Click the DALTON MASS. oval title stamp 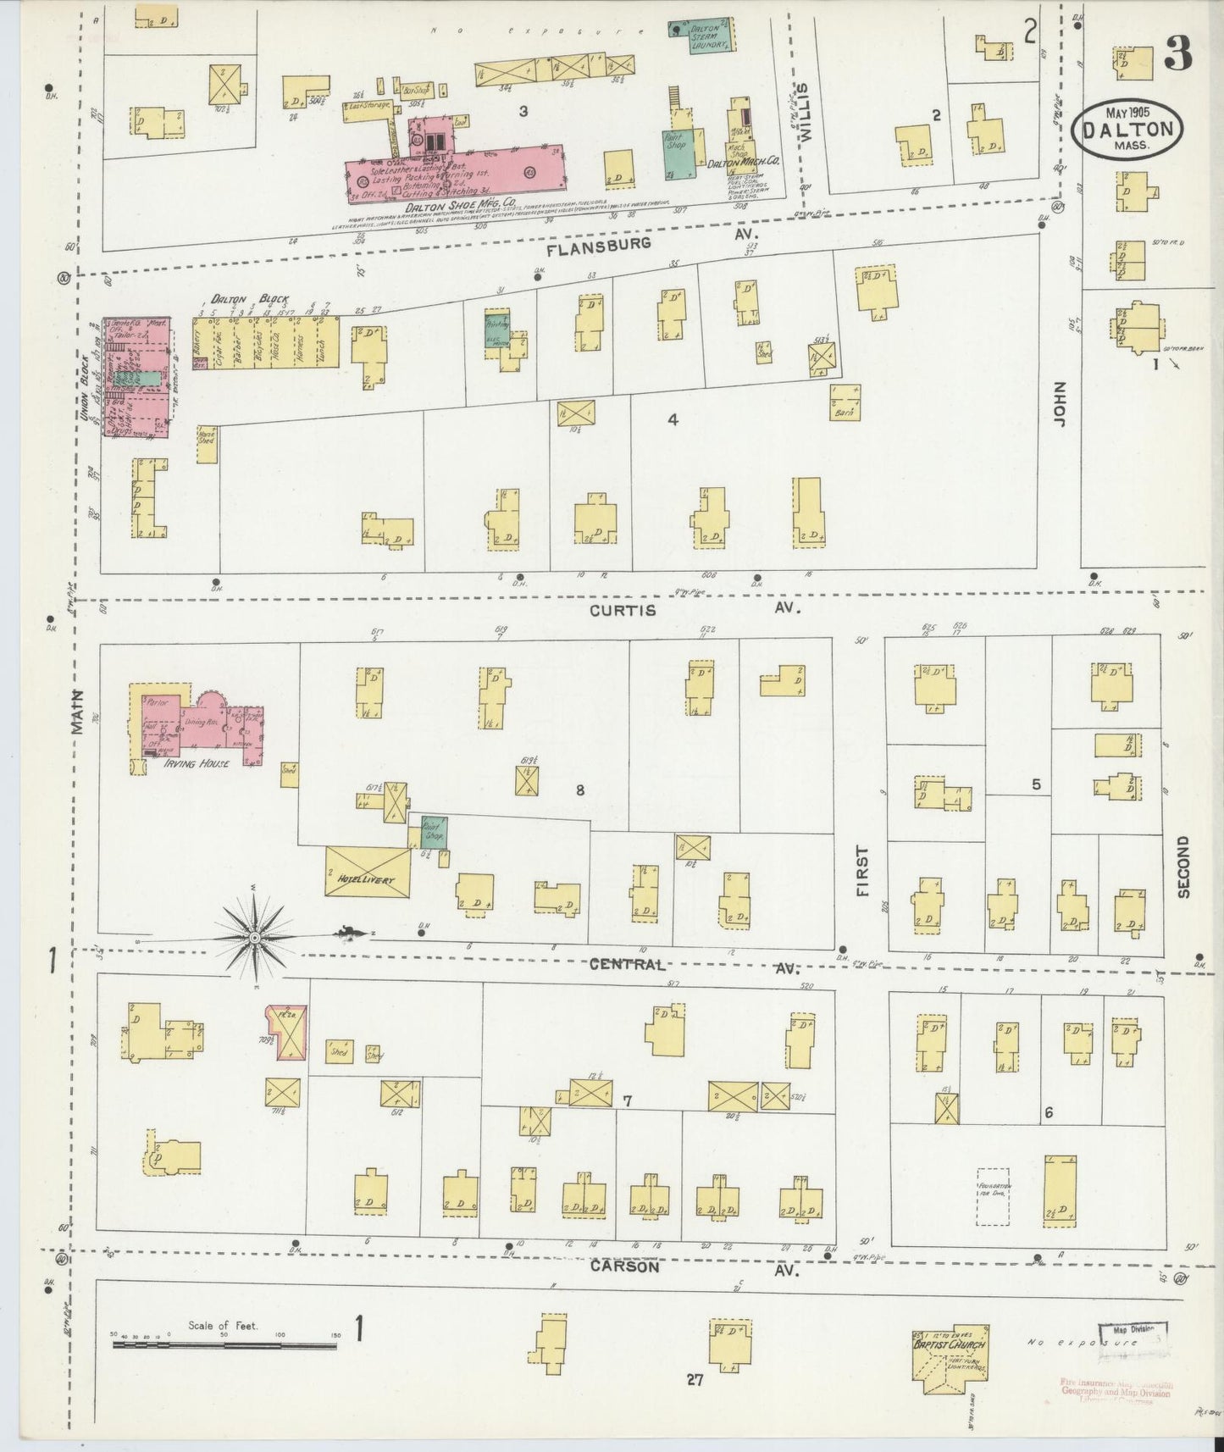tap(1129, 130)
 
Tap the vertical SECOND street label tap(1182, 867)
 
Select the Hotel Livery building tap(368, 872)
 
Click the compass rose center tap(253, 938)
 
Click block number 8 tap(579, 790)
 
